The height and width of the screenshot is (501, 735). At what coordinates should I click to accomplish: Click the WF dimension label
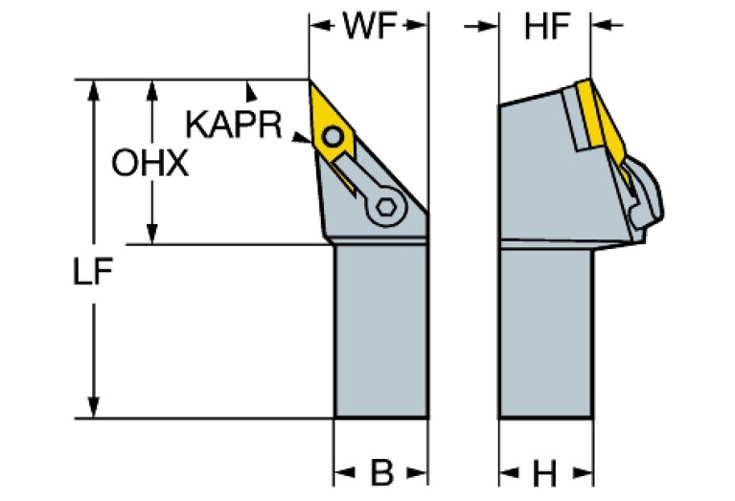367,26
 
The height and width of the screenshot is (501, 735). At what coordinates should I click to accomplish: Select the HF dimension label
543,26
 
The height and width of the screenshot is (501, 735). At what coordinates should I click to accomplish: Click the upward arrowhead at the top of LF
93,89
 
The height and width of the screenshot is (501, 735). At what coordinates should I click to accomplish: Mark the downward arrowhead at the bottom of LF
93,408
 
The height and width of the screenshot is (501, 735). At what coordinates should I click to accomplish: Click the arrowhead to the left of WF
317,27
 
